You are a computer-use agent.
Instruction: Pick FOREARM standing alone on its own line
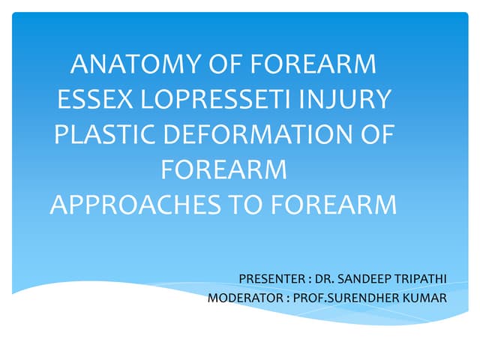[x=224, y=169]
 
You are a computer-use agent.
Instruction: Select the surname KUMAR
[x=426, y=298]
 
